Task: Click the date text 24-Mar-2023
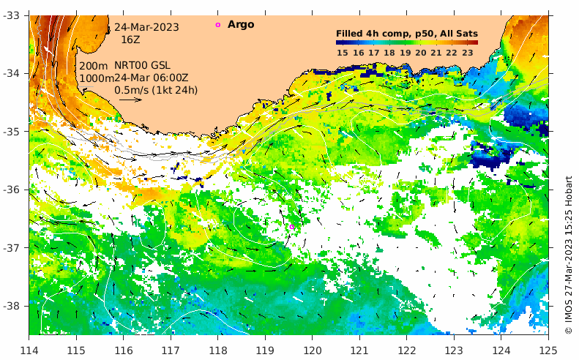click(x=146, y=27)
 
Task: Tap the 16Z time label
click(x=131, y=40)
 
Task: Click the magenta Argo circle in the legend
click(x=217, y=25)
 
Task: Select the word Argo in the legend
click(x=241, y=25)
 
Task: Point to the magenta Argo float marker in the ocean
click(x=292, y=228)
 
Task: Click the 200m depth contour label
click(x=94, y=67)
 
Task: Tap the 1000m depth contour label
click(x=97, y=78)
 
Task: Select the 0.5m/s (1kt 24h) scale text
click(x=156, y=90)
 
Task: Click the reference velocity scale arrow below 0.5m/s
click(x=130, y=100)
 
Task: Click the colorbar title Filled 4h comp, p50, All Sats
click(x=406, y=34)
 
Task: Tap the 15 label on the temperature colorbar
click(x=342, y=53)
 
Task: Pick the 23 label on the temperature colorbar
click(x=468, y=53)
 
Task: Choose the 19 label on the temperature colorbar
click(x=405, y=53)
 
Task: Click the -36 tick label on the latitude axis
click(x=14, y=190)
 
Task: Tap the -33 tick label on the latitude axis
click(x=14, y=15)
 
